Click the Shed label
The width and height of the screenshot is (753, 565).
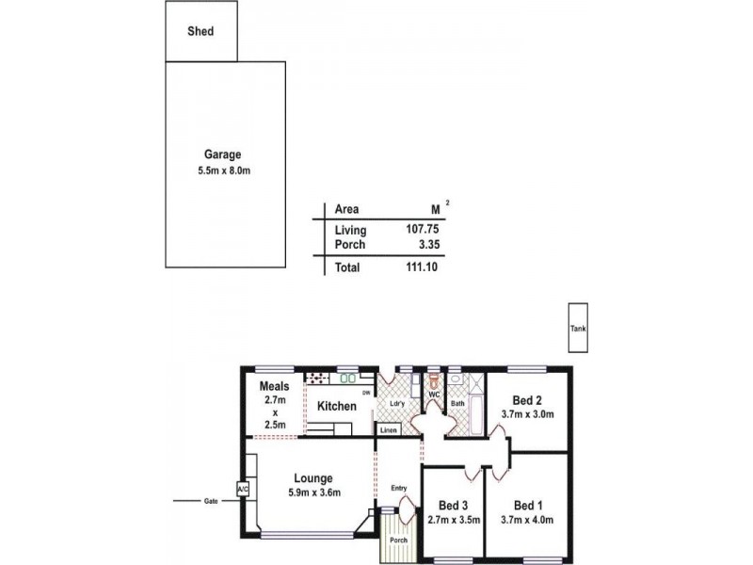(200, 31)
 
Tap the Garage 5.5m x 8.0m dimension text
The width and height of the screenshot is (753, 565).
(223, 171)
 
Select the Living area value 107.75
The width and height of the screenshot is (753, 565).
(421, 230)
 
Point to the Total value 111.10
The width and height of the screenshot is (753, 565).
(421, 267)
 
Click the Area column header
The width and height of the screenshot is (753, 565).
(347, 209)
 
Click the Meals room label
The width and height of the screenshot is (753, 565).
(274, 386)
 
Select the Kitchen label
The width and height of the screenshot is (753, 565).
(336, 406)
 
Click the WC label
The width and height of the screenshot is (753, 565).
(433, 395)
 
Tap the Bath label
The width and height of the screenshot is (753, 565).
(458, 404)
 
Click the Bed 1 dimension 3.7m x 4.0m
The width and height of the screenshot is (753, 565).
(527, 519)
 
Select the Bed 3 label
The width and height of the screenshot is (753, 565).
(453, 504)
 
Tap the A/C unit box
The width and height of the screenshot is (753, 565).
(242, 490)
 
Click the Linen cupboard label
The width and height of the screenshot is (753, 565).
(389, 429)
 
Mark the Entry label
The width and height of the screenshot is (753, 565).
(399, 487)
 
